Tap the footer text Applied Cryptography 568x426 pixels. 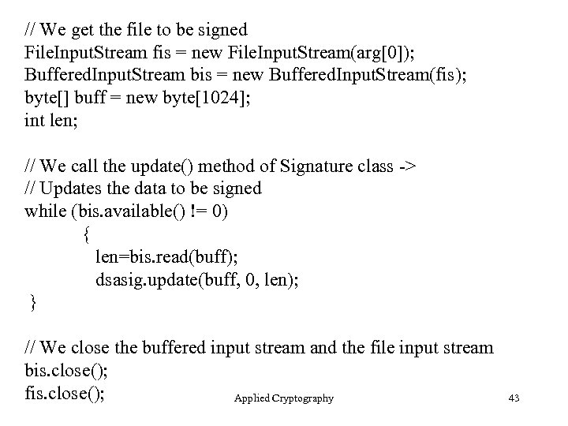pos(283,398)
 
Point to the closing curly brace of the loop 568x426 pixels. pos(32,302)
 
